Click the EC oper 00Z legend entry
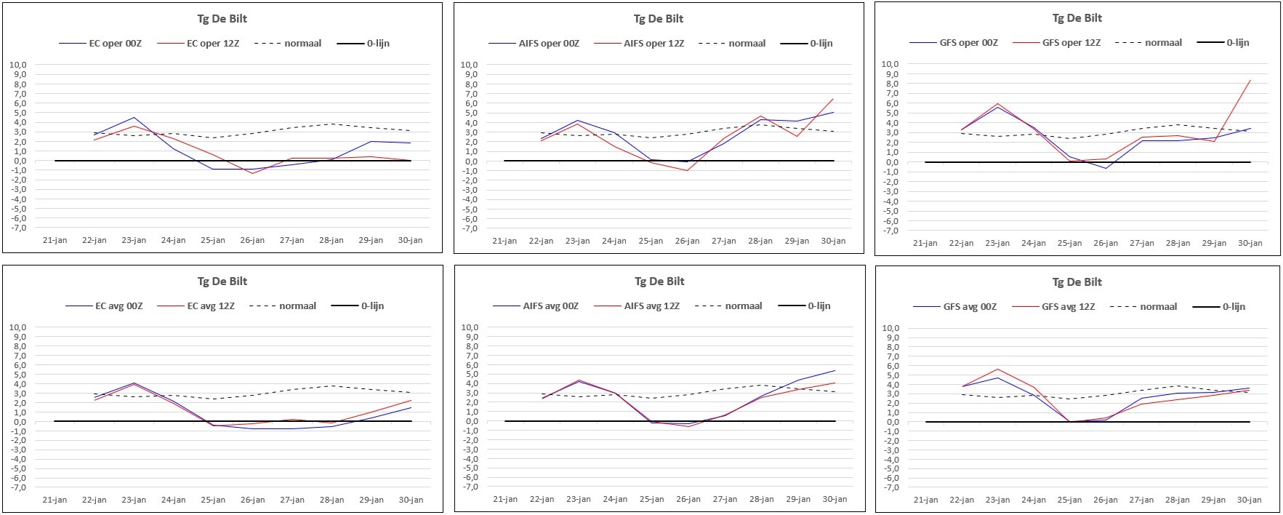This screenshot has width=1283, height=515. [x=100, y=44]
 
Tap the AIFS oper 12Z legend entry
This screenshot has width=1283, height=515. [x=639, y=44]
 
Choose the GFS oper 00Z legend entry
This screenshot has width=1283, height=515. [x=954, y=43]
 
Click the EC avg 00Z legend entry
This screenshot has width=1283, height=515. [x=104, y=306]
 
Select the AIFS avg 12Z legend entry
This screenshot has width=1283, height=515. [x=637, y=306]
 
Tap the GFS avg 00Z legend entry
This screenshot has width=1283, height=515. [x=956, y=307]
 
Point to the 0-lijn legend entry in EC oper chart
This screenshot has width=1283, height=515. [x=363, y=44]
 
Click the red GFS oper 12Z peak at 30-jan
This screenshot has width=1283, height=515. [x=1250, y=80]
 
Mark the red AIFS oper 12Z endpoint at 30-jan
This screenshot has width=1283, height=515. [x=833, y=99]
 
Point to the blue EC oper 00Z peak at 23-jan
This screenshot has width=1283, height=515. [x=134, y=117]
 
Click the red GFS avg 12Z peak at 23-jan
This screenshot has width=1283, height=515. [x=997, y=369]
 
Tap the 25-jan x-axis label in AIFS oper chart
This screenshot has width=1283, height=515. [x=651, y=241]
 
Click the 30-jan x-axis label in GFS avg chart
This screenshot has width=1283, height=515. [x=1250, y=500]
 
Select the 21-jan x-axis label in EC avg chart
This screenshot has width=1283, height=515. [x=55, y=500]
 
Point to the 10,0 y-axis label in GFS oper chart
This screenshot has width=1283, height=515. [x=889, y=64]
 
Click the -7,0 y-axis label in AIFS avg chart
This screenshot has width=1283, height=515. [x=470, y=487]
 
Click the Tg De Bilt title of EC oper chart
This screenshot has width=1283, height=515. [x=222, y=18]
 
